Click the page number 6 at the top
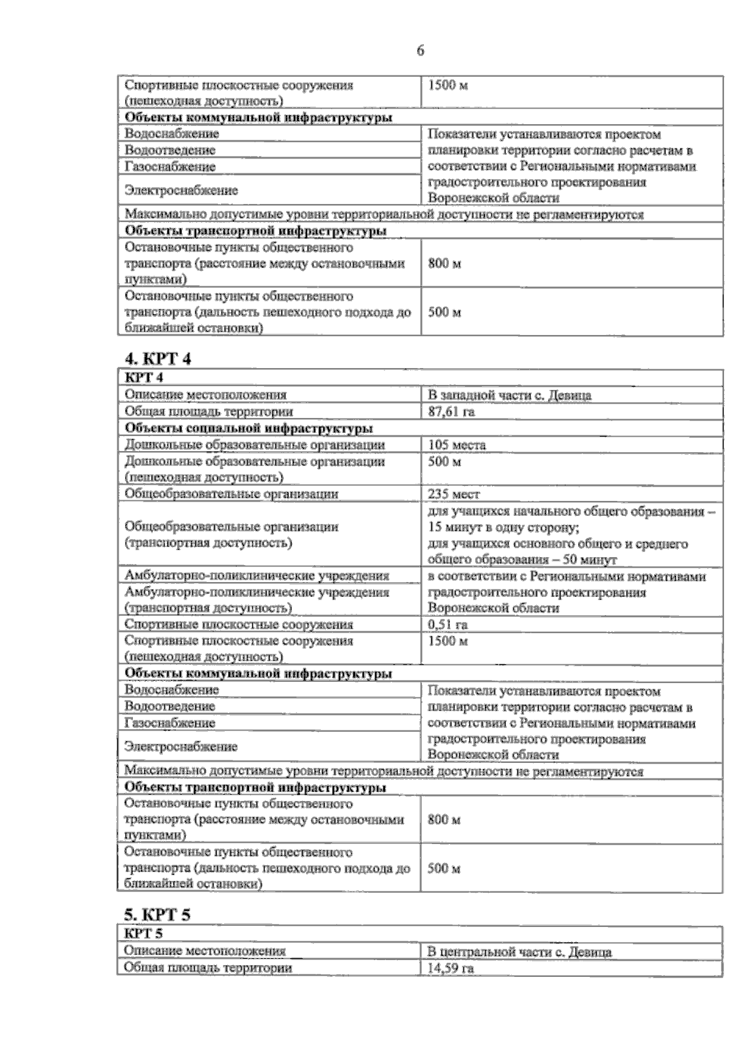420,51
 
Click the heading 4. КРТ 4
157,359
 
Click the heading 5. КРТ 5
157,915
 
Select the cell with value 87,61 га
447,412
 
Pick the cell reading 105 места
456,445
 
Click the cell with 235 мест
454,494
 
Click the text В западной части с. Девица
509,395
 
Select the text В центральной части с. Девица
519,952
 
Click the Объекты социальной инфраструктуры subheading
249,429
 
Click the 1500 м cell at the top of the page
447,85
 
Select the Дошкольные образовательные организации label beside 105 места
255,445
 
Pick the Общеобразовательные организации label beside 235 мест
232,494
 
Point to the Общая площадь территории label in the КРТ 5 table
208,968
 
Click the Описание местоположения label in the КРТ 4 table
205,395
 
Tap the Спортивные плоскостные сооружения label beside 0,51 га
238,624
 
